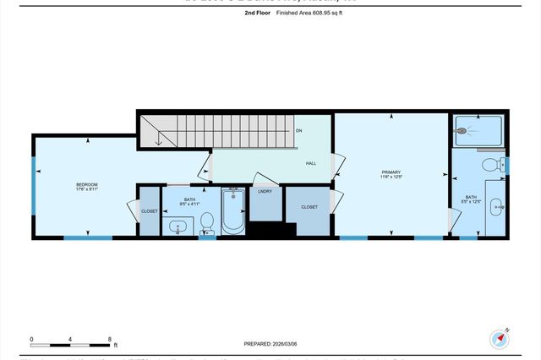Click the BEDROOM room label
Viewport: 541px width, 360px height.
[x=87, y=184]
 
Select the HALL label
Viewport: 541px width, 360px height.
[x=311, y=163]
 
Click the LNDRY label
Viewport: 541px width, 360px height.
[x=265, y=192]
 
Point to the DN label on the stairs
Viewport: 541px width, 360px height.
[x=298, y=131]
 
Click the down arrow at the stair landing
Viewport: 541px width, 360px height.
[x=158, y=140]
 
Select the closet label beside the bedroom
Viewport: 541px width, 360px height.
[x=149, y=211]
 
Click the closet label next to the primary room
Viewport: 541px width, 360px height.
[x=309, y=206]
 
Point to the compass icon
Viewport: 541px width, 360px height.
[x=500, y=339]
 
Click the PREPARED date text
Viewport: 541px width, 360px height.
[x=270, y=344]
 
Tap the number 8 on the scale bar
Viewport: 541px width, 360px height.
[x=110, y=339]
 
